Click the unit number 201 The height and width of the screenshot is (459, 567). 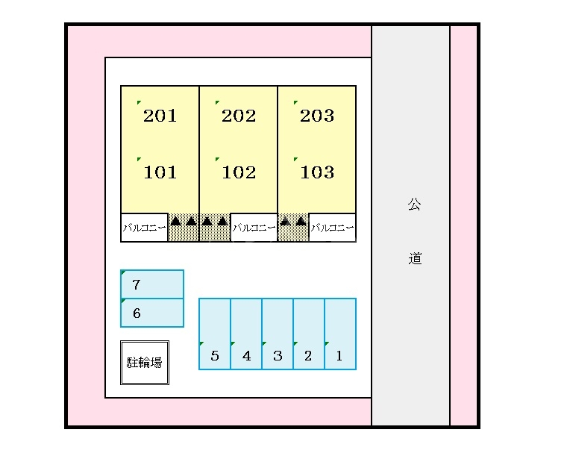pos(160,116)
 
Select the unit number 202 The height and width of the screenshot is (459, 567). pos(239,116)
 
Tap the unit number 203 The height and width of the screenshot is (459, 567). pos(317,116)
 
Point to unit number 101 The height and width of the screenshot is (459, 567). pos(160,172)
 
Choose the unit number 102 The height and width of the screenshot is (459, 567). pos(239,172)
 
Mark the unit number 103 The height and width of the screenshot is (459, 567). pos(318,172)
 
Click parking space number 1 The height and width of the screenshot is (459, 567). pos(339,356)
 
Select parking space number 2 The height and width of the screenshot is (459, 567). pos(308,356)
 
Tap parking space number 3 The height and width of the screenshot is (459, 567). pos(278,356)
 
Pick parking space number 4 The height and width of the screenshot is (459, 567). pos(247,356)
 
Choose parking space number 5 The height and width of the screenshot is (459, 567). pos(215,356)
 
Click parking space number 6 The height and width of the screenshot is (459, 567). pos(137,313)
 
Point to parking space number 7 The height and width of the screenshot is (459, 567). pos(137,284)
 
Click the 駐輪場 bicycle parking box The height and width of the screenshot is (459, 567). pos(145,363)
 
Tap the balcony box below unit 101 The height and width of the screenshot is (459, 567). pos(144,228)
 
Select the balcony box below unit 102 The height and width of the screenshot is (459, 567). pos(254,228)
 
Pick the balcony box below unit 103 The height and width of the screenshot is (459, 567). pos(332,228)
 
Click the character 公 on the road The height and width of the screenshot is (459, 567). pos(414,204)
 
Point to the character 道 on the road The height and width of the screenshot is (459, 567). pos(415,259)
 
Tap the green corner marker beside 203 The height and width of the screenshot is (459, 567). pos(295,103)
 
